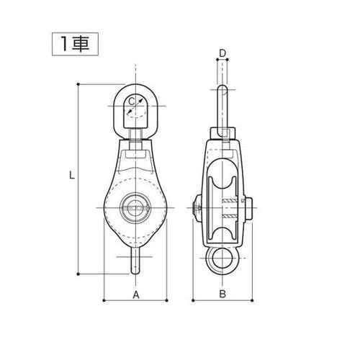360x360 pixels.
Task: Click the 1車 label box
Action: [75, 44]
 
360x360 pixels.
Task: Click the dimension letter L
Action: [72, 175]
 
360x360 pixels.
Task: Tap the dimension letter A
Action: [136, 295]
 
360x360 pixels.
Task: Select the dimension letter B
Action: [222, 294]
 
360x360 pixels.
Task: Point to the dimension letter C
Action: [131, 102]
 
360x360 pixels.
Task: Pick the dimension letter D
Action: [223, 53]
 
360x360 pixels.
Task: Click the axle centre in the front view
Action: [135, 207]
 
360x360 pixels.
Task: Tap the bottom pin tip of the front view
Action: [135, 273]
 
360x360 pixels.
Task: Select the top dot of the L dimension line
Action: [78, 84]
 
